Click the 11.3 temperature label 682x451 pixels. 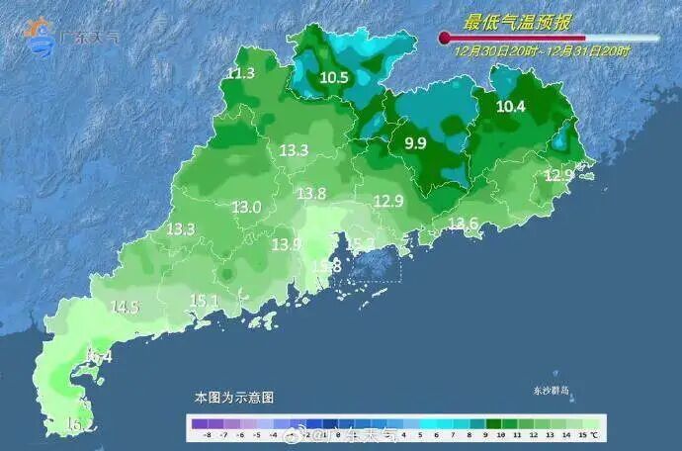[241, 73]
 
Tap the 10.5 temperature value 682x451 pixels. [335, 77]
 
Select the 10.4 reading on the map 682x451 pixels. [511, 106]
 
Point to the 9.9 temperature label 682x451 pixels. [415, 143]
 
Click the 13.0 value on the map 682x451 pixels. [246, 208]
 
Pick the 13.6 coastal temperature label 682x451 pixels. [464, 225]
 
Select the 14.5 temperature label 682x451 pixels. [125, 308]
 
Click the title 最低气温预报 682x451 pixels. [519, 20]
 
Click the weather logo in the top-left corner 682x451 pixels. [43, 36]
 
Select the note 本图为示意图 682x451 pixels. [233, 397]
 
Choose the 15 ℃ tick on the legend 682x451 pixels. [587, 434]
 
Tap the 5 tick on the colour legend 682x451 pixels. [417, 434]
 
